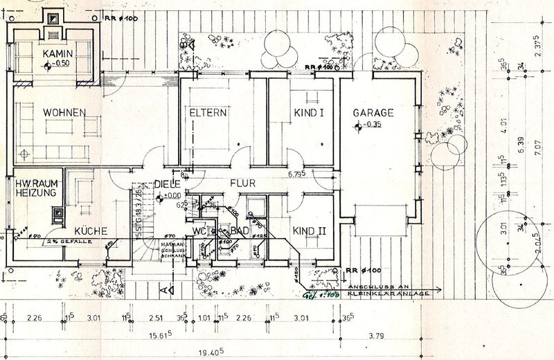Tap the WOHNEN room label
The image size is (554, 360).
(x=63, y=112)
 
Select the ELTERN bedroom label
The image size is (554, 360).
(x=208, y=112)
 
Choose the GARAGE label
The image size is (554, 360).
(x=373, y=112)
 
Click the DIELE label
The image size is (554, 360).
(x=167, y=185)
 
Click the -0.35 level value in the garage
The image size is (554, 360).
(x=373, y=125)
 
